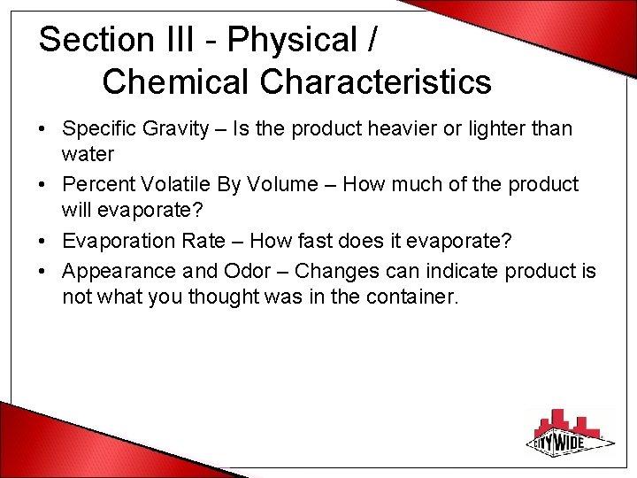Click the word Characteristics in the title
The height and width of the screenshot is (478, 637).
coord(376,81)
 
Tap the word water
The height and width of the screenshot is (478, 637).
coord(88,155)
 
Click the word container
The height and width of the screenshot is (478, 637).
coord(410,297)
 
